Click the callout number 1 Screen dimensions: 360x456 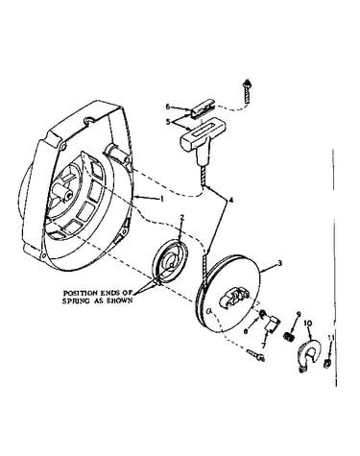(x=162, y=199)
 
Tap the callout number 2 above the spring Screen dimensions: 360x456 (x=182, y=218)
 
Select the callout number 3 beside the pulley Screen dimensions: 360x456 (x=279, y=263)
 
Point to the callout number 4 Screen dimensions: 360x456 (x=231, y=201)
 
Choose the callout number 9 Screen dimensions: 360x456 (x=299, y=314)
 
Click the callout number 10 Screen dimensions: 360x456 (x=308, y=324)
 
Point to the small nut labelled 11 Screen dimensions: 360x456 (x=326, y=363)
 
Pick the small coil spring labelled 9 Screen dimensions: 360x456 (x=289, y=336)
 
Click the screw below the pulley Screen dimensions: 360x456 (x=256, y=355)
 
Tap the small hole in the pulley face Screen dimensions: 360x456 (x=209, y=310)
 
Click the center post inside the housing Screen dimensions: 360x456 (x=63, y=191)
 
